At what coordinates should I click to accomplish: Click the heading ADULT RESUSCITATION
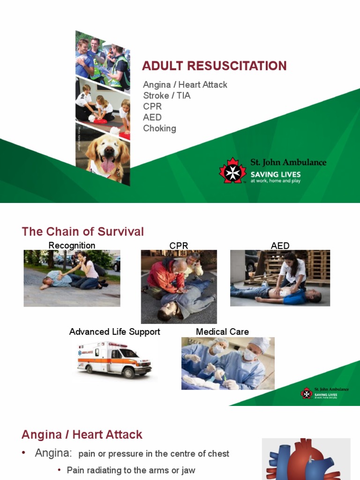pos(214,66)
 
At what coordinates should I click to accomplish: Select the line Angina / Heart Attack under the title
pos(185,85)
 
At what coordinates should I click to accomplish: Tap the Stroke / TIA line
pos(167,96)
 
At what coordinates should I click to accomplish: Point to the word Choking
pos(160,128)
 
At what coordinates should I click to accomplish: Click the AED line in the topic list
pos(152,117)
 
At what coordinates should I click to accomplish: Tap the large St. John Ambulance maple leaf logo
pos(233,170)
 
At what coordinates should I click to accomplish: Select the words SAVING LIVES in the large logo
pos(276,174)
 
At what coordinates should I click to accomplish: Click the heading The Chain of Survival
pos(83,232)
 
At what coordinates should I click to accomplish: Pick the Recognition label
pos(72,246)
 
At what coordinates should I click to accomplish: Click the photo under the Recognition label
pos(72,278)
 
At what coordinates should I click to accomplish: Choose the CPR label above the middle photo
pos(179,246)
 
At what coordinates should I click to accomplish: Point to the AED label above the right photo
pos(280,246)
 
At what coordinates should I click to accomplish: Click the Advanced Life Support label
pos(114,332)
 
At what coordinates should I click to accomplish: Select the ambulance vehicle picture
pos(114,360)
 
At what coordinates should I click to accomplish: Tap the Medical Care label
pos(222,332)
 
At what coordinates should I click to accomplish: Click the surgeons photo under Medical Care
pos(228,363)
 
